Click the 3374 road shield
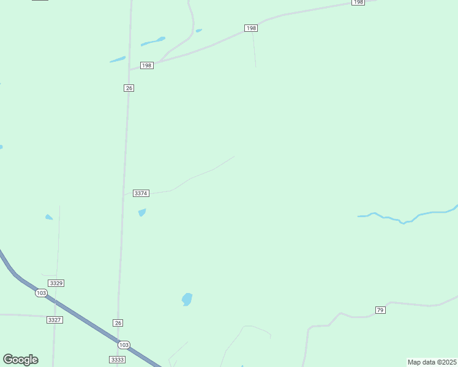(141, 193)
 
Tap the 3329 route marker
(56, 283)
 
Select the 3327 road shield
(54, 320)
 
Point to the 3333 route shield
(118, 360)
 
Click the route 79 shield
(380, 310)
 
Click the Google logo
(20, 360)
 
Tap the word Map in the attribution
(415, 362)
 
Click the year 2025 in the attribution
(447, 362)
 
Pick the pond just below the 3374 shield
(142, 213)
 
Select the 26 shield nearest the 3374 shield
(129, 88)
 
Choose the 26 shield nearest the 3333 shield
(118, 322)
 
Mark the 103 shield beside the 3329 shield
(41, 293)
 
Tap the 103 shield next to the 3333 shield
(124, 344)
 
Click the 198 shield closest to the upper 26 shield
(146, 65)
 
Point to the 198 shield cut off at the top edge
(358, 2)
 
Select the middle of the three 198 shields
(250, 28)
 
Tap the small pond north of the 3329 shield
(48, 217)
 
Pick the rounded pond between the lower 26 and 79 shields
(187, 299)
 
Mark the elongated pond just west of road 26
(117, 60)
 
